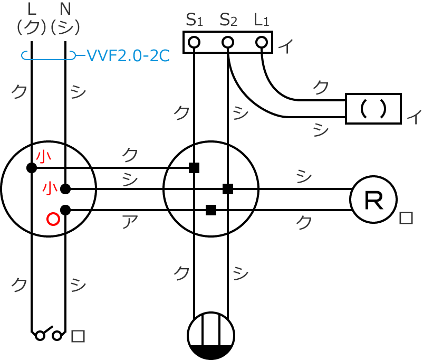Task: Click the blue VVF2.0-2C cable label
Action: [127, 55]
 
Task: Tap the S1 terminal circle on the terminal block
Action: [194, 42]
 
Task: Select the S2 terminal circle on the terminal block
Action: [228, 42]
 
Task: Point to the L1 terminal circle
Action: [262, 42]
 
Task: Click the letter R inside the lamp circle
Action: [374, 200]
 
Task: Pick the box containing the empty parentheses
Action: [373, 109]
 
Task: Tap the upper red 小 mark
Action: [44, 156]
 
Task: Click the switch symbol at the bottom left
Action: [48, 335]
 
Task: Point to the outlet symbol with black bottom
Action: [211, 336]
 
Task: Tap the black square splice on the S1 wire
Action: [194, 168]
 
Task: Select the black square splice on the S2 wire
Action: [228, 189]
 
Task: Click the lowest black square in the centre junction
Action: [211, 210]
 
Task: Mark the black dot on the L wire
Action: [32, 168]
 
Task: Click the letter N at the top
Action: [65, 9]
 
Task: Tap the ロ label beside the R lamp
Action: [406, 218]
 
